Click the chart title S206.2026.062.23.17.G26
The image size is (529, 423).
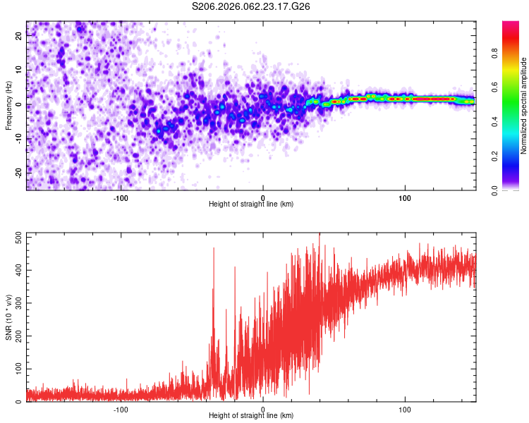(x=252, y=6)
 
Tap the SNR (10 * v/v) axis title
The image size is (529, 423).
(x=8, y=317)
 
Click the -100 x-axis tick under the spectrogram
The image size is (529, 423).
(x=121, y=197)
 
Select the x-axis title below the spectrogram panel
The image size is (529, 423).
(x=252, y=204)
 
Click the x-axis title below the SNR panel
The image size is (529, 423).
(x=252, y=415)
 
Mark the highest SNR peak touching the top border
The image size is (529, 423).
(x=320, y=235)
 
